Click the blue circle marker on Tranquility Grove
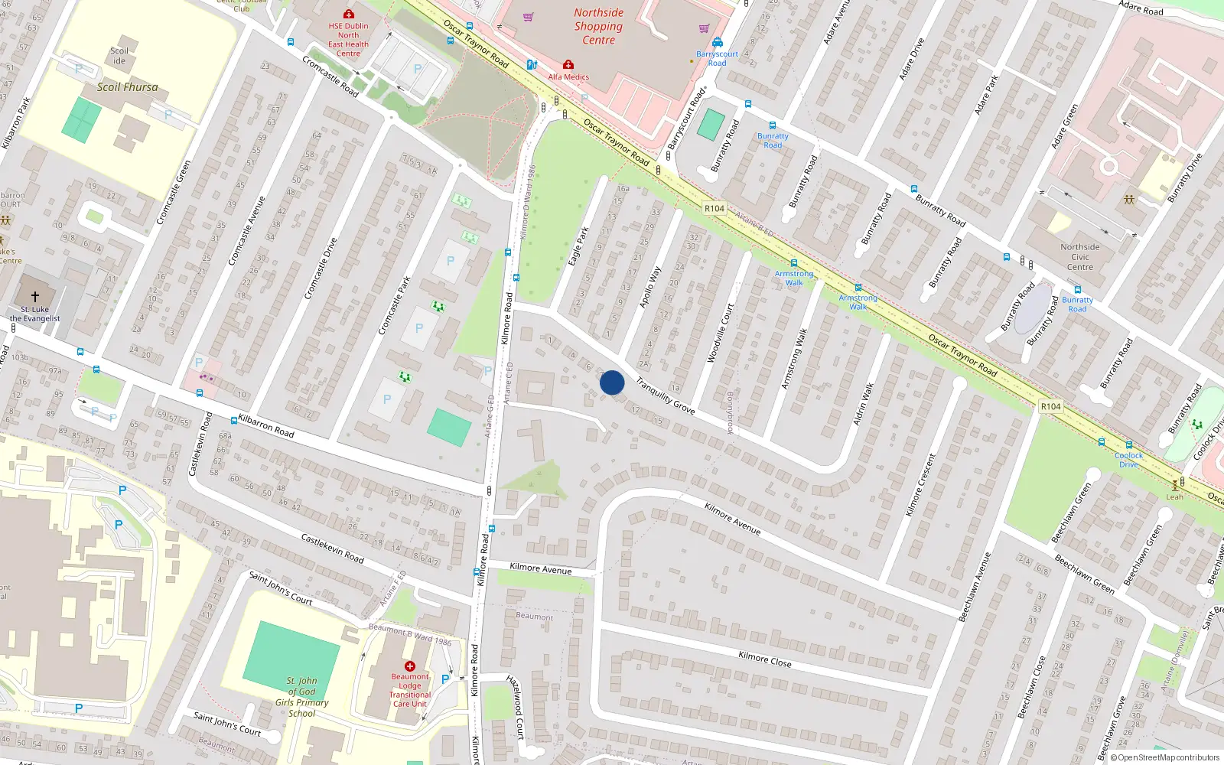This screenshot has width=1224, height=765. (x=612, y=382)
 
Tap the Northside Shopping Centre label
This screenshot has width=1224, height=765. (x=598, y=27)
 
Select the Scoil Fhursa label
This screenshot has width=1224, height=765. (x=127, y=87)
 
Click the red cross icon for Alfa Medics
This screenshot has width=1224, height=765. (x=568, y=65)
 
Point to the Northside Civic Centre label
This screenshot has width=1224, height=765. (x=1079, y=257)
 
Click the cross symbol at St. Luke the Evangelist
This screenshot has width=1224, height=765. (x=34, y=296)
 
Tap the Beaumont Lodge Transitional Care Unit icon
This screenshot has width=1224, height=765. (x=410, y=666)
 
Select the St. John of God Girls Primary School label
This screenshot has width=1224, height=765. (x=301, y=697)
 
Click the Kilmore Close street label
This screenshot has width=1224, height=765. (x=764, y=659)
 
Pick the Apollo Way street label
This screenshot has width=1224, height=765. (x=650, y=288)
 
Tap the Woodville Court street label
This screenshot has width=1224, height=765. (x=720, y=333)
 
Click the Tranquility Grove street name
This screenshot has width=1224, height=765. (x=665, y=396)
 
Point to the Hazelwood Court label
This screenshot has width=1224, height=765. (x=517, y=707)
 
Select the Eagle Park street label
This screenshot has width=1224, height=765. (x=578, y=246)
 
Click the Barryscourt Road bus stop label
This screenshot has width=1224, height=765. (x=717, y=58)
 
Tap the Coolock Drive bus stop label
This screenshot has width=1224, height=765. (x=1128, y=460)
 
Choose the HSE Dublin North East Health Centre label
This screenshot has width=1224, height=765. (x=348, y=40)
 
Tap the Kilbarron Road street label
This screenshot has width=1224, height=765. (x=265, y=425)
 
